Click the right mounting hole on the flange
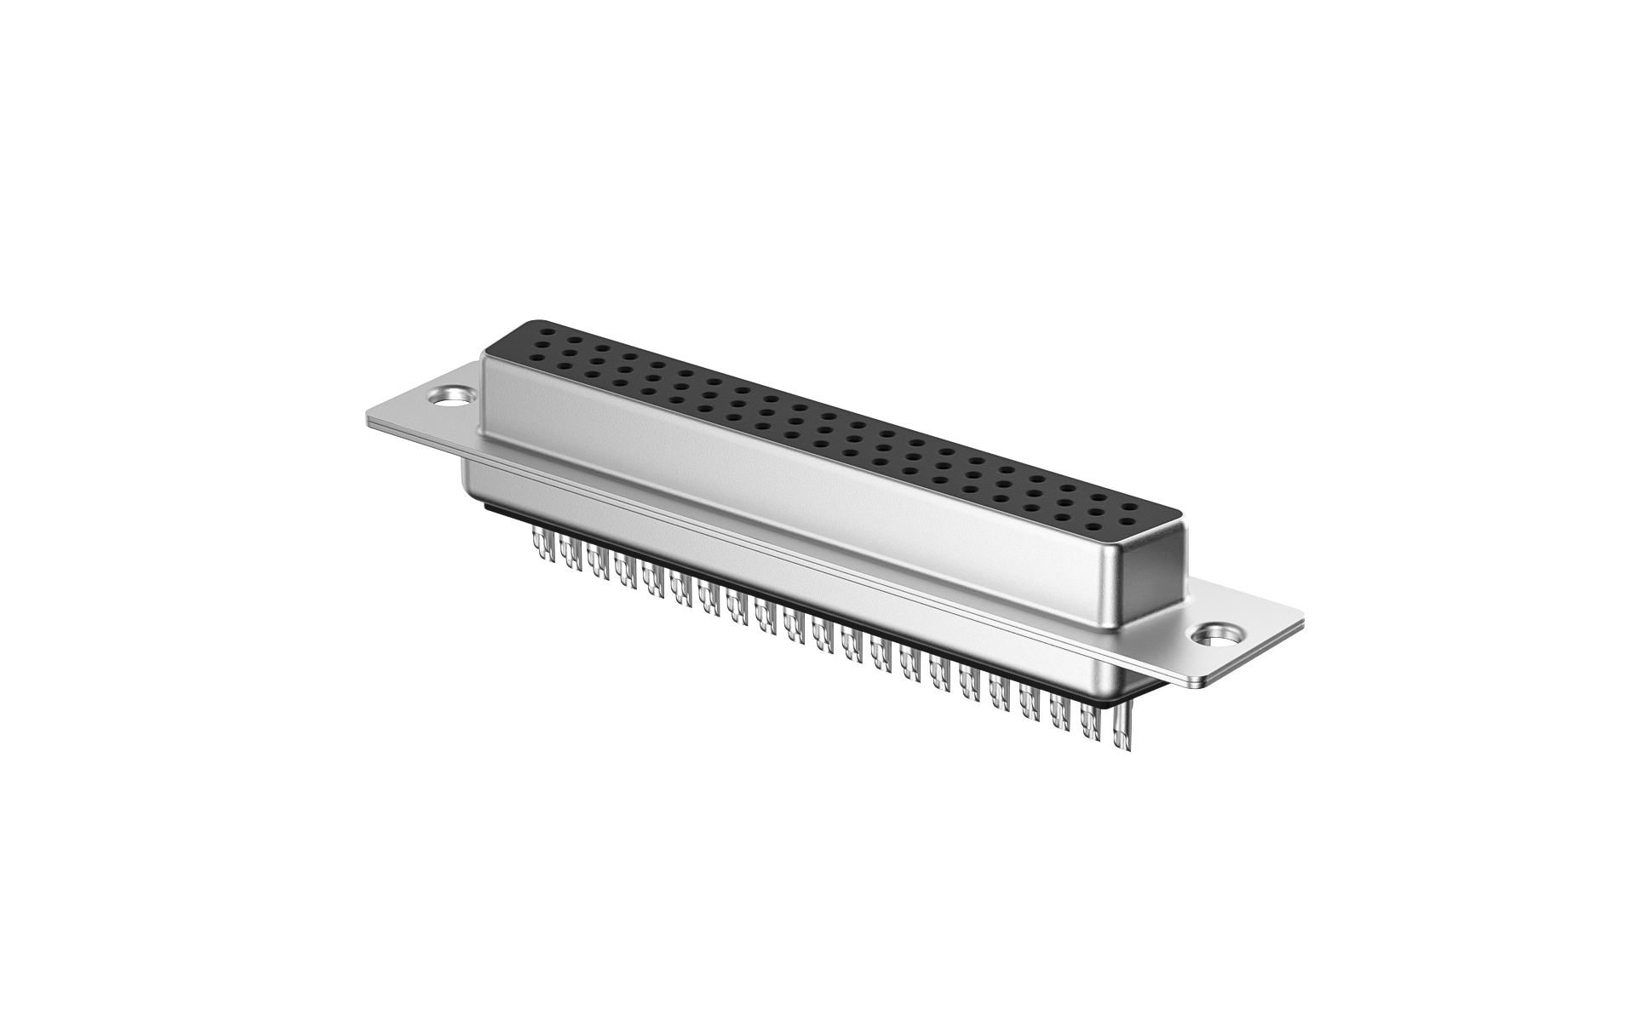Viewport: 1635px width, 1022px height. (1215, 634)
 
